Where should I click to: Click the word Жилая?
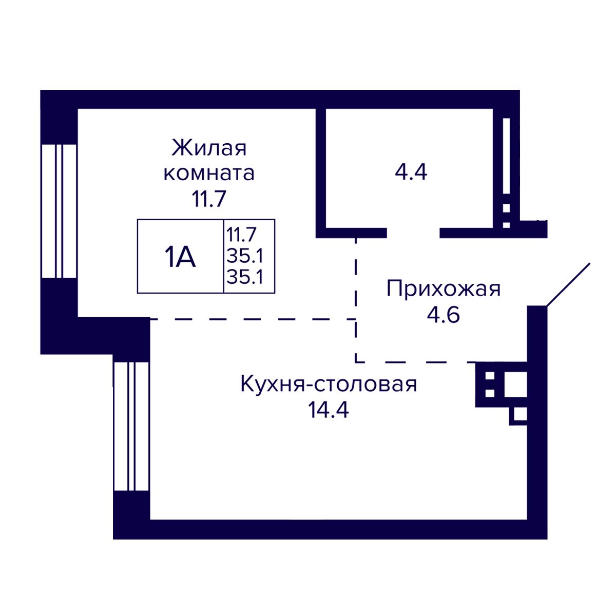click(x=209, y=148)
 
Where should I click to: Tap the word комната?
click(x=209, y=173)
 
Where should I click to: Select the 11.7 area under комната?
click(x=209, y=198)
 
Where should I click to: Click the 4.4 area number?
click(x=411, y=172)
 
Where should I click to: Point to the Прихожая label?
click(x=443, y=290)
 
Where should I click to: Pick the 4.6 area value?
click(x=443, y=315)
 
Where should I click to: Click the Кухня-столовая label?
click(x=329, y=384)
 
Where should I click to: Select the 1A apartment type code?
click(x=180, y=257)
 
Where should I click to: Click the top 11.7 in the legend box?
click(x=241, y=235)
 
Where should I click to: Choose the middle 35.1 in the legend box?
click(x=244, y=256)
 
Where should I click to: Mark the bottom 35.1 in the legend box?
click(x=244, y=277)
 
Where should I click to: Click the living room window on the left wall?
click(x=59, y=211)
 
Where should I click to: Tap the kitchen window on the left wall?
click(x=131, y=426)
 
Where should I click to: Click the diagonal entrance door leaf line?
click(x=568, y=285)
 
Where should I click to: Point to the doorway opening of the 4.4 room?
click(x=413, y=233)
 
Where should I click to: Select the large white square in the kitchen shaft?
click(x=515, y=385)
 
